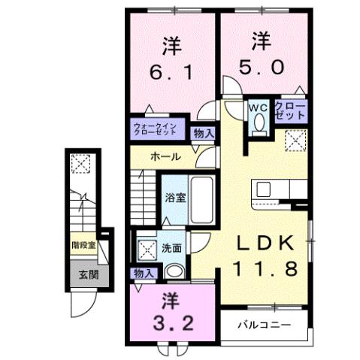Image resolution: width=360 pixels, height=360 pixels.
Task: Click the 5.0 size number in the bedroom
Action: pyautogui.click(x=261, y=65)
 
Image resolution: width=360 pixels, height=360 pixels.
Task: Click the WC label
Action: pyautogui.click(x=258, y=107)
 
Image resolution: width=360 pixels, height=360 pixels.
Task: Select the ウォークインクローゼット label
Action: pyautogui.click(x=155, y=127)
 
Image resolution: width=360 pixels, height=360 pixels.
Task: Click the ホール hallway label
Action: pyautogui.click(x=165, y=157)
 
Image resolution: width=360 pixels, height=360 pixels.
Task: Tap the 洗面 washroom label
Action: pyautogui.click(x=170, y=247)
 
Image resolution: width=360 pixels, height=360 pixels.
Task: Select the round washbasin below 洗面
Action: pyautogui.click(x=174, y=272)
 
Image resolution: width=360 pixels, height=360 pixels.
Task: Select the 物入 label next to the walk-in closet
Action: pyautogui.click(x=203, y=133)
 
